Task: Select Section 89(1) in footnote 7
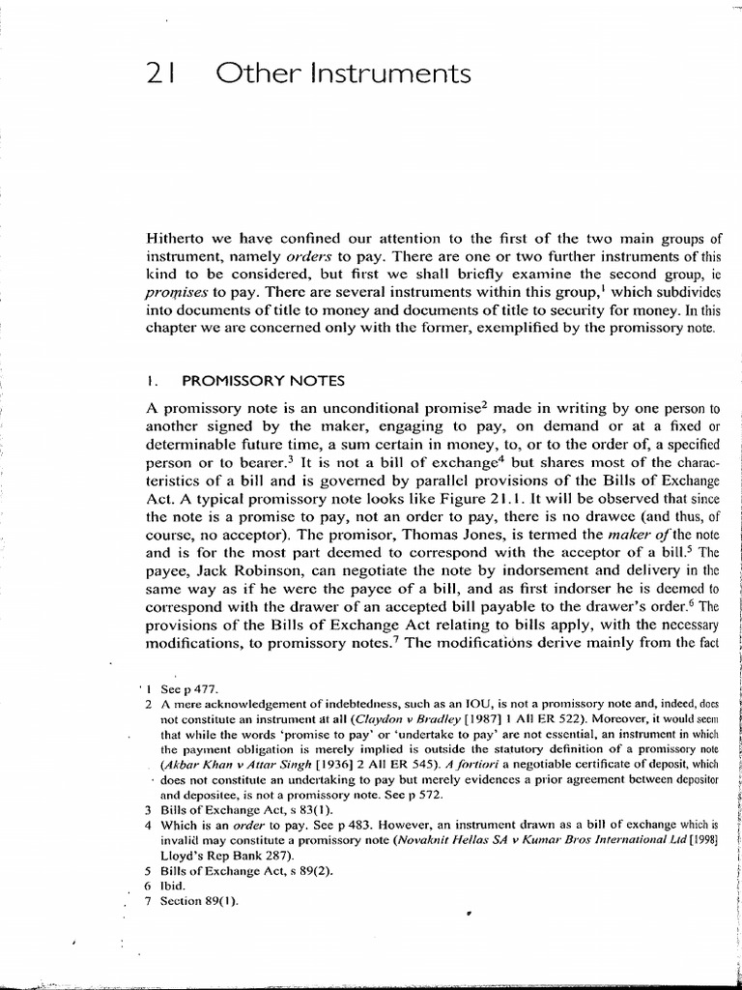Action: point(199,900)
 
